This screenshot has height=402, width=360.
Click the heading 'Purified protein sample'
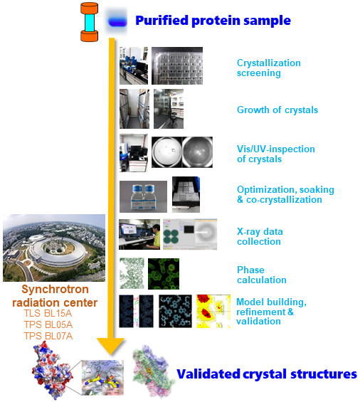(x=213, y=21)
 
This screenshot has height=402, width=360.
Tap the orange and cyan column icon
(x=89, y=22)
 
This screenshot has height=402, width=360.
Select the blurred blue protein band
(x=117, y=22)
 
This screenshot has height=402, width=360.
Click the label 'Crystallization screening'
(x=268, y=68)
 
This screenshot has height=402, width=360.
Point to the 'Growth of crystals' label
(x=277, y=110)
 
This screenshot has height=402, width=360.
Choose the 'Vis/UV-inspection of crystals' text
(x=275, y=154)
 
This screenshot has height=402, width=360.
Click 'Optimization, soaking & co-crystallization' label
(x=285, y=194)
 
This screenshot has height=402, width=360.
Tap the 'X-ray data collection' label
(x=260, y=236)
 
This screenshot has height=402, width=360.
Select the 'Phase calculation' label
(x=261, y=275)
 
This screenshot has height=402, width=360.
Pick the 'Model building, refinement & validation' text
(x=271, y=312)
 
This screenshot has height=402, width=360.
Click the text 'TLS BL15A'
(x=48, y=313)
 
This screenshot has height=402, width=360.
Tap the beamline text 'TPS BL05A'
(x=48, y=324)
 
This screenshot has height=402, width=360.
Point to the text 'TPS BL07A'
(x=48, y=336)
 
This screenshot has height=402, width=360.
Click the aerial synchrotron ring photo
(x=54, y=248)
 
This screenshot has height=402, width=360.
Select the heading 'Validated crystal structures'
(x=267, y=374)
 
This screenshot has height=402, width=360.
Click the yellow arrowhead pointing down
(x=111, y=346)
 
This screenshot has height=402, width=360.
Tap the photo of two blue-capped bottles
(x=143, y=196)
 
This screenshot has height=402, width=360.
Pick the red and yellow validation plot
(x=213, y=311)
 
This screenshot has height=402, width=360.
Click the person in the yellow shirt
(x=154, y=236)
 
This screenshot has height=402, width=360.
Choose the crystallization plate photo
(x=177, y=65)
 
